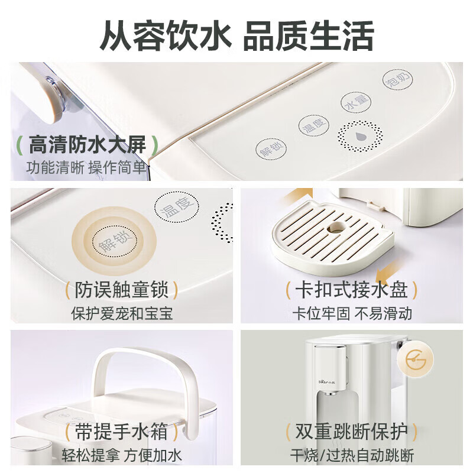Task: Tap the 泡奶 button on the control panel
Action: [397, 80]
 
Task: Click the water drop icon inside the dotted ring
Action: [359, 137]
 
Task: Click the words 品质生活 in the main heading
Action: [308, 35]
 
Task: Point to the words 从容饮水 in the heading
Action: [166, 35]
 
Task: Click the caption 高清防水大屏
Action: [87, 145]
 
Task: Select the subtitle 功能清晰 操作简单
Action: [86, 167]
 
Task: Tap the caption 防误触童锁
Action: [122, 290]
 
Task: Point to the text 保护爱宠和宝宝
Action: [122, 313]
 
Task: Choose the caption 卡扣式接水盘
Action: [352, 290]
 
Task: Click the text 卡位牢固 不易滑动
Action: [352, 313]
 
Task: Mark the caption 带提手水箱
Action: [121, 432]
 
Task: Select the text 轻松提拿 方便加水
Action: [122, 455]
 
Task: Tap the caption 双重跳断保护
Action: [352, 432]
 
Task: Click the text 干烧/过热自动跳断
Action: [352, 455]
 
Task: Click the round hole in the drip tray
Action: [336, 228]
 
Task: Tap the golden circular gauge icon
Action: [416, 360]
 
